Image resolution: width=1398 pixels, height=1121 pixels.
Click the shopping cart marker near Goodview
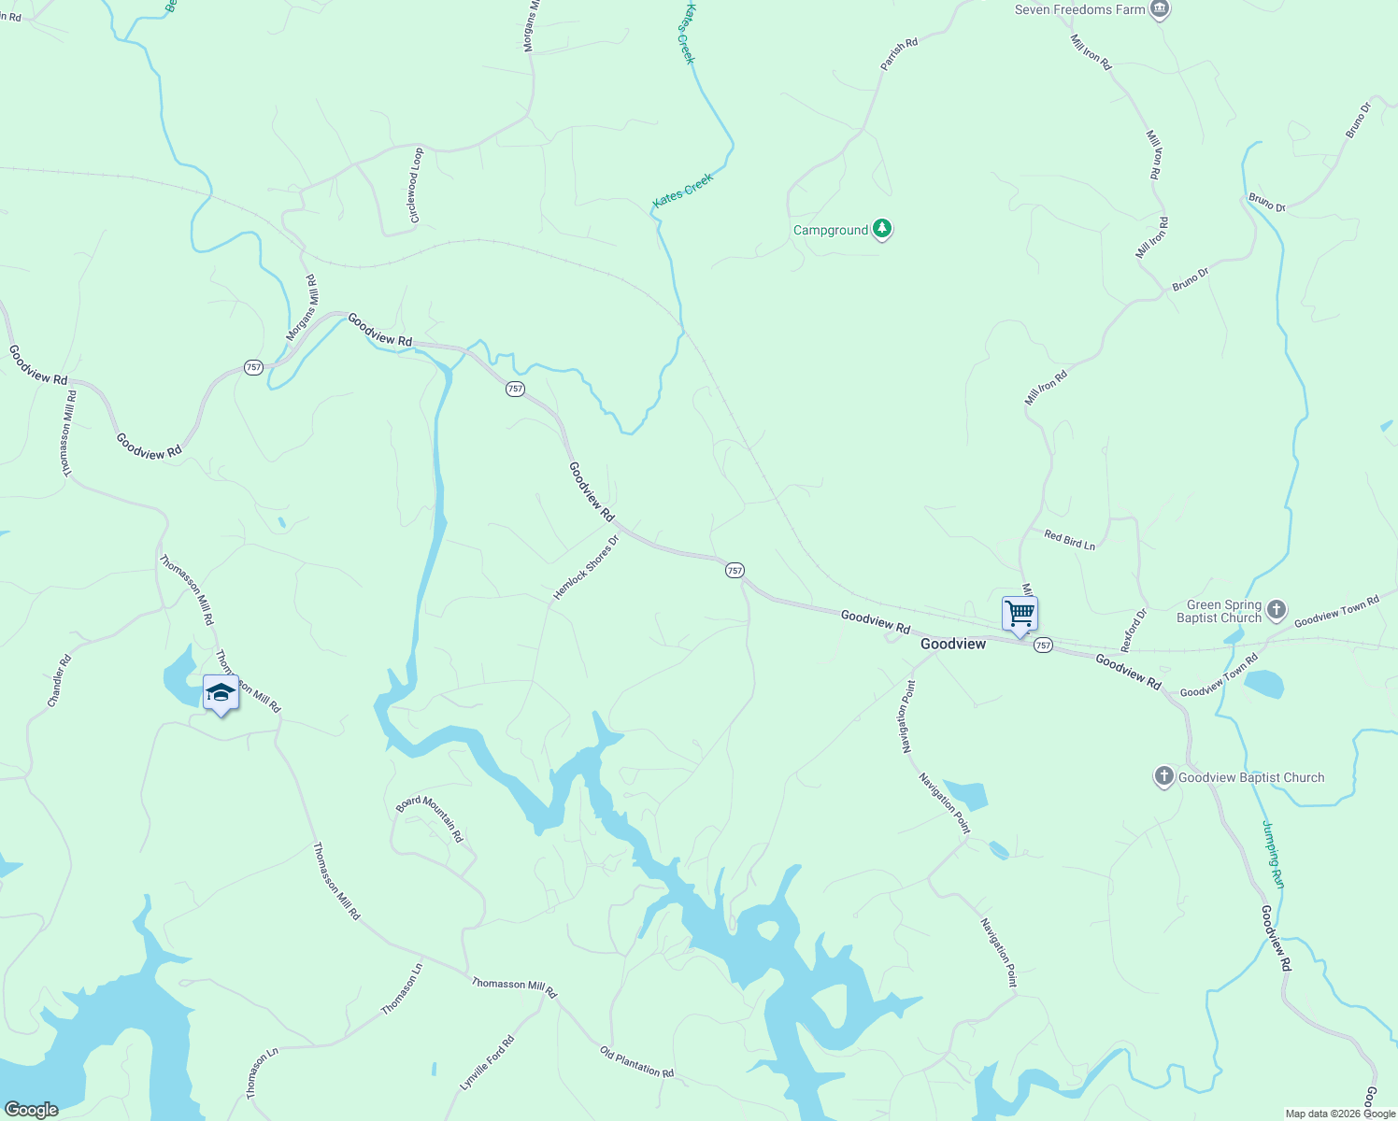[1020, 615]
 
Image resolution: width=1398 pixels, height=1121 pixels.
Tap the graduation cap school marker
[221, 693]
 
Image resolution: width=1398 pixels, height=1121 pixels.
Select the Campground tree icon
[881, 228]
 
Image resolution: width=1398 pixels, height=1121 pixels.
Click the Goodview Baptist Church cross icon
[1163, 776]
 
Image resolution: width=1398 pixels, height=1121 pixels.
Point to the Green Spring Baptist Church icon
[1277, 611]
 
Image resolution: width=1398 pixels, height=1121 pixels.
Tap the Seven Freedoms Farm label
[1079, 9]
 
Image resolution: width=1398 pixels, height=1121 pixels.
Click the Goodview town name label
[952, 644]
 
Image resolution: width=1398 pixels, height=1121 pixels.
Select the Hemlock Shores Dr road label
[586, 567]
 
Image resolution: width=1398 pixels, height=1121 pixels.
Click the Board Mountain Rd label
[430, 817]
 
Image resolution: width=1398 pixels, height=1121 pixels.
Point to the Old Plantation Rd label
[636, 1061]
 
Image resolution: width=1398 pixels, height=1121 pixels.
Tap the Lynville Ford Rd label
[487, 1063]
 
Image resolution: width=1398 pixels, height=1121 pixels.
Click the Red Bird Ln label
[1069, 540]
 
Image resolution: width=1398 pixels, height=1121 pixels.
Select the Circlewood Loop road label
[416, 185]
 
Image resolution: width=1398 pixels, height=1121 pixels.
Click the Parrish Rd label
[899, 54]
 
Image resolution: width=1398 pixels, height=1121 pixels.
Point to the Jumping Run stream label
[1274, 855]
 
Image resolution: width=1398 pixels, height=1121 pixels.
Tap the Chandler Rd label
[59, 680]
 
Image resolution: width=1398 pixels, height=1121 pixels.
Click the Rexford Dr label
[1134, 631]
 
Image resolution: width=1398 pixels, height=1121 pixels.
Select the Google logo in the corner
[31, 1110]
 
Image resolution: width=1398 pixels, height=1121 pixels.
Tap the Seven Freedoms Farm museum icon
[1160, 9]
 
